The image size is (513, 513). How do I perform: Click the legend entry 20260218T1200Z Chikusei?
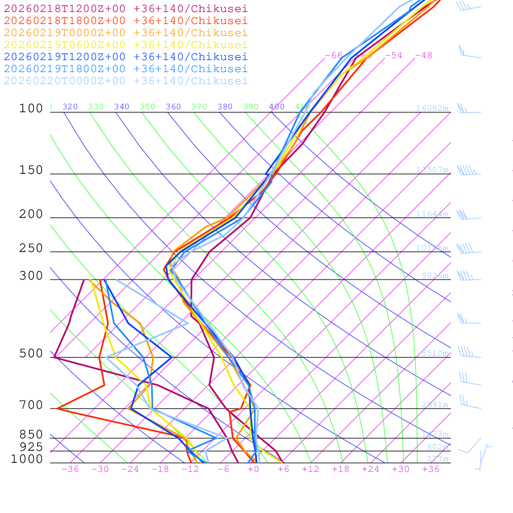pos(126,9)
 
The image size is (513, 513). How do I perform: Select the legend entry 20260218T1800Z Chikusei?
pos(126,21)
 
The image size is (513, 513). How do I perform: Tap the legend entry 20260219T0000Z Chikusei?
pos(126,33)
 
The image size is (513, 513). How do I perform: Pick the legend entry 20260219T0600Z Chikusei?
pos(126,45)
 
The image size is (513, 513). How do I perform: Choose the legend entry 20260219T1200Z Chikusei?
pos(126,57)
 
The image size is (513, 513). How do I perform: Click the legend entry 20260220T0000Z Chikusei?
pos(126,81)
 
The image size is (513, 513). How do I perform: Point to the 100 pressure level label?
pos(31,108)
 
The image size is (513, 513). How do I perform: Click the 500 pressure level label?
pos(31,354)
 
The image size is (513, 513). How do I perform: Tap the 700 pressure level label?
pos(31,405)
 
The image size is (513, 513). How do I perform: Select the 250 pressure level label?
pos(31,248)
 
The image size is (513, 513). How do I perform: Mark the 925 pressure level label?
pos(31,447)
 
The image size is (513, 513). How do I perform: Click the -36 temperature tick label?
pos(70,469)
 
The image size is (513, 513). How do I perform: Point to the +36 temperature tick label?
pos(431,469)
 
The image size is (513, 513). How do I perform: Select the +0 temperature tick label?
pos(253,469)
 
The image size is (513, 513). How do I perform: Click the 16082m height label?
pos(432,108)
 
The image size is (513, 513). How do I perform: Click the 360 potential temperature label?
pos(173,107)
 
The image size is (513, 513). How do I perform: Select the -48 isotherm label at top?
pos(423,55)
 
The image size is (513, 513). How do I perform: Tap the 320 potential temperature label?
pos(70,107)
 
